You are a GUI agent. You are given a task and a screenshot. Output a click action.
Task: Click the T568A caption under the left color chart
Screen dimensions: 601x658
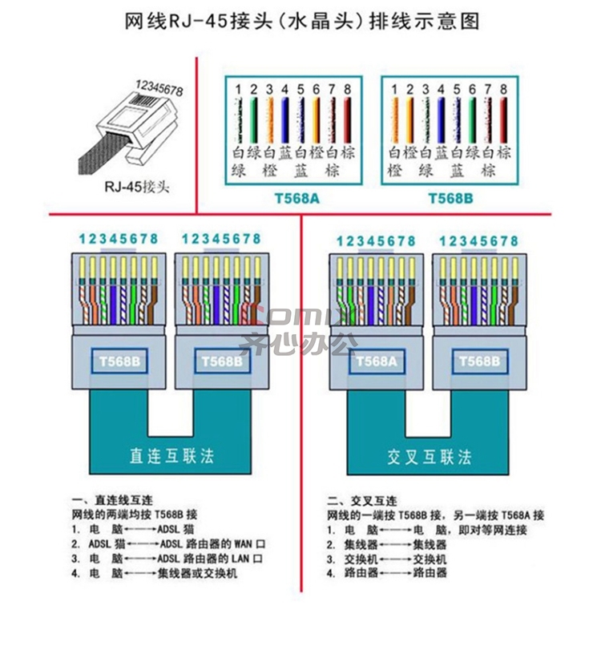pos(296,198)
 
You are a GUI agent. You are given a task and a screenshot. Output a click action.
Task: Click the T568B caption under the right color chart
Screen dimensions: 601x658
pos(450,198)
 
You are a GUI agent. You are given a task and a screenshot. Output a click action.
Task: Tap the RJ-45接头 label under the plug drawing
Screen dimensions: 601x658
pos(137,186)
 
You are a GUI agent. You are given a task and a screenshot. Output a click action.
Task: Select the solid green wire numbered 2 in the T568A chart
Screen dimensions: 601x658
pos(253,120)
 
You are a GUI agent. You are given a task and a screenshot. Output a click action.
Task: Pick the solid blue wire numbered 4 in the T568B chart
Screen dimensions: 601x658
pos(441,120)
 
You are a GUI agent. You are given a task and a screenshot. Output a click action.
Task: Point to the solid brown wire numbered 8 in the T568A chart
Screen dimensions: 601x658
pos(348,120)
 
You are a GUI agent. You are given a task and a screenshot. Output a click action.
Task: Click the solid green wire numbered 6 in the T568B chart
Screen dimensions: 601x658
pos(472,120)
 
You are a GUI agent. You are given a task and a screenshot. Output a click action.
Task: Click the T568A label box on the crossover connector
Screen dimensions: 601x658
pos(377,361)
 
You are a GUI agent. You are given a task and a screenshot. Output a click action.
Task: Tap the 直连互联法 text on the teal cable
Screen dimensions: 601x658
pos(171,456)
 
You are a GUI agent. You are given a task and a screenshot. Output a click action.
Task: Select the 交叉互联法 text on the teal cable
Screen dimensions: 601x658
pos(429,457)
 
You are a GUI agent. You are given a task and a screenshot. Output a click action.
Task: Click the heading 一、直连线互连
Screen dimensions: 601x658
pos(113,500)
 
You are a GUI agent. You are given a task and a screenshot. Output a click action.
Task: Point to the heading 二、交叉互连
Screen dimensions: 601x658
pos(362,501)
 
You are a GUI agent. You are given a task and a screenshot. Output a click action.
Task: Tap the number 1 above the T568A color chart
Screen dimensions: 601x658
pos(238,90)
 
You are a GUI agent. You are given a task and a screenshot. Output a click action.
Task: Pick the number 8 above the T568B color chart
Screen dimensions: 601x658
pos(503,90)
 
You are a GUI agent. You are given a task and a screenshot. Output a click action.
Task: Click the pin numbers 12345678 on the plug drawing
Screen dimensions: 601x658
pos(159,88)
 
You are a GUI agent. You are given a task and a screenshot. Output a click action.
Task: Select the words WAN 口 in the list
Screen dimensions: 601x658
pos(250,544)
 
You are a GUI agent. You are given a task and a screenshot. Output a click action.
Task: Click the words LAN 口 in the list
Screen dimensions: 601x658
pos(248,559)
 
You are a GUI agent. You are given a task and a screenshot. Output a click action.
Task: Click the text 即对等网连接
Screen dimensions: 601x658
pos(493,530)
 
